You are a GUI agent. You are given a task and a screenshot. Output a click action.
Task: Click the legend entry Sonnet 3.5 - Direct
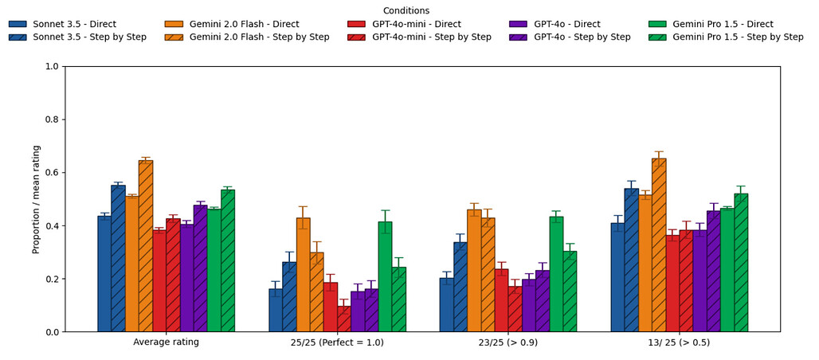point(72,24)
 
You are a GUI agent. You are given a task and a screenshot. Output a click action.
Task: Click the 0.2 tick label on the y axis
point(50,280)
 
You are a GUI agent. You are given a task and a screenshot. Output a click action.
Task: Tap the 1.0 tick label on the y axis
point(50,67)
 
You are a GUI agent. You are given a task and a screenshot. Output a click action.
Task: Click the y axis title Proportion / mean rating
point(36,199)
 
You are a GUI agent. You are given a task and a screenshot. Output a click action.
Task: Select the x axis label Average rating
point(166,342)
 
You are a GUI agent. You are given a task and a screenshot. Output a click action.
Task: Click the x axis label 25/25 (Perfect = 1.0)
point(337,342)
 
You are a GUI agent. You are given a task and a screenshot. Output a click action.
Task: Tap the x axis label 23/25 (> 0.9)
point(508,342)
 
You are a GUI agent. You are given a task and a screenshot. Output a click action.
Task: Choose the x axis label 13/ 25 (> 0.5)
point(680,342)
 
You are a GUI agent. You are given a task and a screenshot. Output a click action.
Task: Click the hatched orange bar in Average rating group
point(146,246)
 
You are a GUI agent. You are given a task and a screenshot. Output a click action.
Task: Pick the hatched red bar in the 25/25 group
point(344,319)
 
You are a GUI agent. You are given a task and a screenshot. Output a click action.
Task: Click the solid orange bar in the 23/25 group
point(474,271)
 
